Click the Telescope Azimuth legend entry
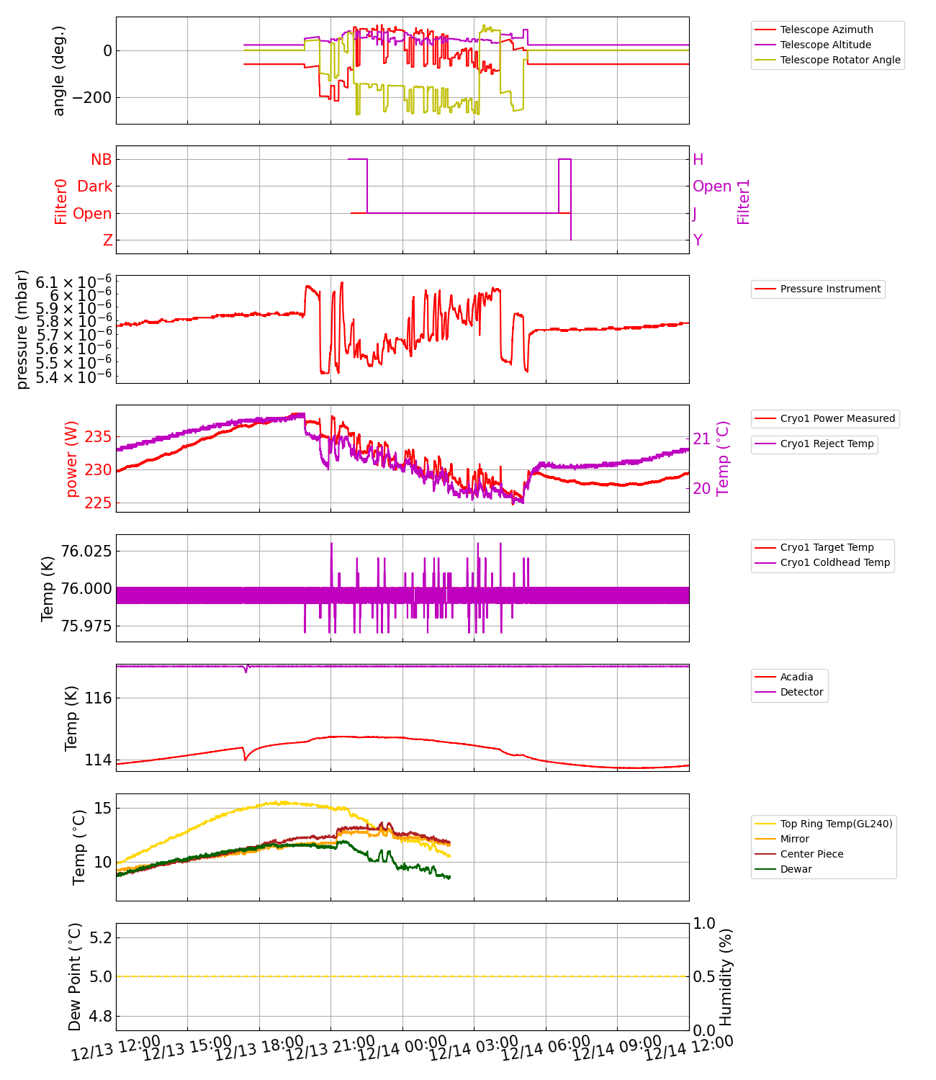click(826, 30)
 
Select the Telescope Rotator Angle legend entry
click(840, 60)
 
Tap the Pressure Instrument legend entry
click(829, 289)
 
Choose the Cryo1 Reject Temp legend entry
click(827, 444)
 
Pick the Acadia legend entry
click(796, 677)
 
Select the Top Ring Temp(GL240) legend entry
click(836, 824)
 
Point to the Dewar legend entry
click(796, 869)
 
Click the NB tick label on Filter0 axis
click(101, 160)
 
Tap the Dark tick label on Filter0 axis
click(94, 186)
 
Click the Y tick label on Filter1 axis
click(698, 240)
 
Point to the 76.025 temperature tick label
click(86, 552)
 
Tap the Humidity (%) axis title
click(726, 976)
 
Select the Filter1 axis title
click(743, 202)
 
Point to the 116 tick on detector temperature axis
click(96, 698)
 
